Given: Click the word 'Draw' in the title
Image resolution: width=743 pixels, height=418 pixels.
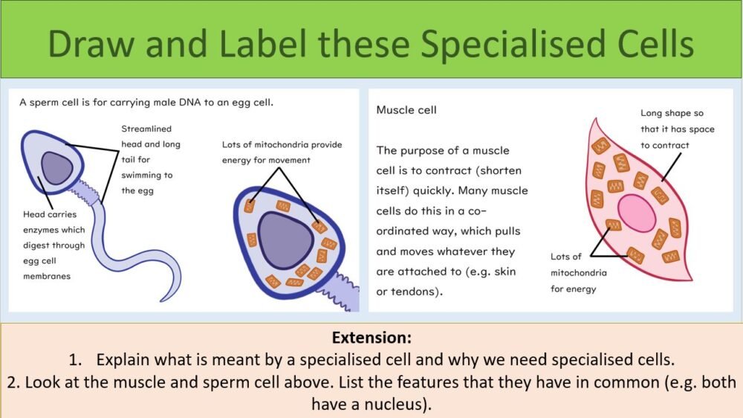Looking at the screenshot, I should click(x=96, y=45).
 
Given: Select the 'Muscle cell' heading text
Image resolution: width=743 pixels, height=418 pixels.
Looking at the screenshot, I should click(x=406, y=110).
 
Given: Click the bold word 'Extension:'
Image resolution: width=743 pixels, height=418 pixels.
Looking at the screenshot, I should click(x=371, y=337).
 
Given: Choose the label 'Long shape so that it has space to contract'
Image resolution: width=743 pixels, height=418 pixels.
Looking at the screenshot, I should click(x=677, y=129).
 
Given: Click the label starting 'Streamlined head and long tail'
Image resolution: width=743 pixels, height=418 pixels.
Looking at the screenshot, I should click(x=151, y=160).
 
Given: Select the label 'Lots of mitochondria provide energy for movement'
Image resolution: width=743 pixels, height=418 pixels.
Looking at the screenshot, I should click(x=282, y=152).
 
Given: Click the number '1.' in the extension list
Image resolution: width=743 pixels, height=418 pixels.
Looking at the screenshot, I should click(x=77, y=360).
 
